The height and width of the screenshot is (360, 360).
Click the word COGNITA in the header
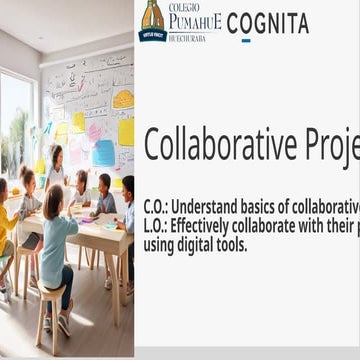coord(268,23)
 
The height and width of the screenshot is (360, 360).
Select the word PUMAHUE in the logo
coord(194,20)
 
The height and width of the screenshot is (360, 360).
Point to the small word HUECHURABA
coord(194,34)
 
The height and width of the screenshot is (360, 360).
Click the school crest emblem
coord(152,20)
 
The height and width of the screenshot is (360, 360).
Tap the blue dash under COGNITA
coord(246,41)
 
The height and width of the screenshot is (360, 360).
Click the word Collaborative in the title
coord(229,145)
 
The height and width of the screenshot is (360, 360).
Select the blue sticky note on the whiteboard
coord(104,152)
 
